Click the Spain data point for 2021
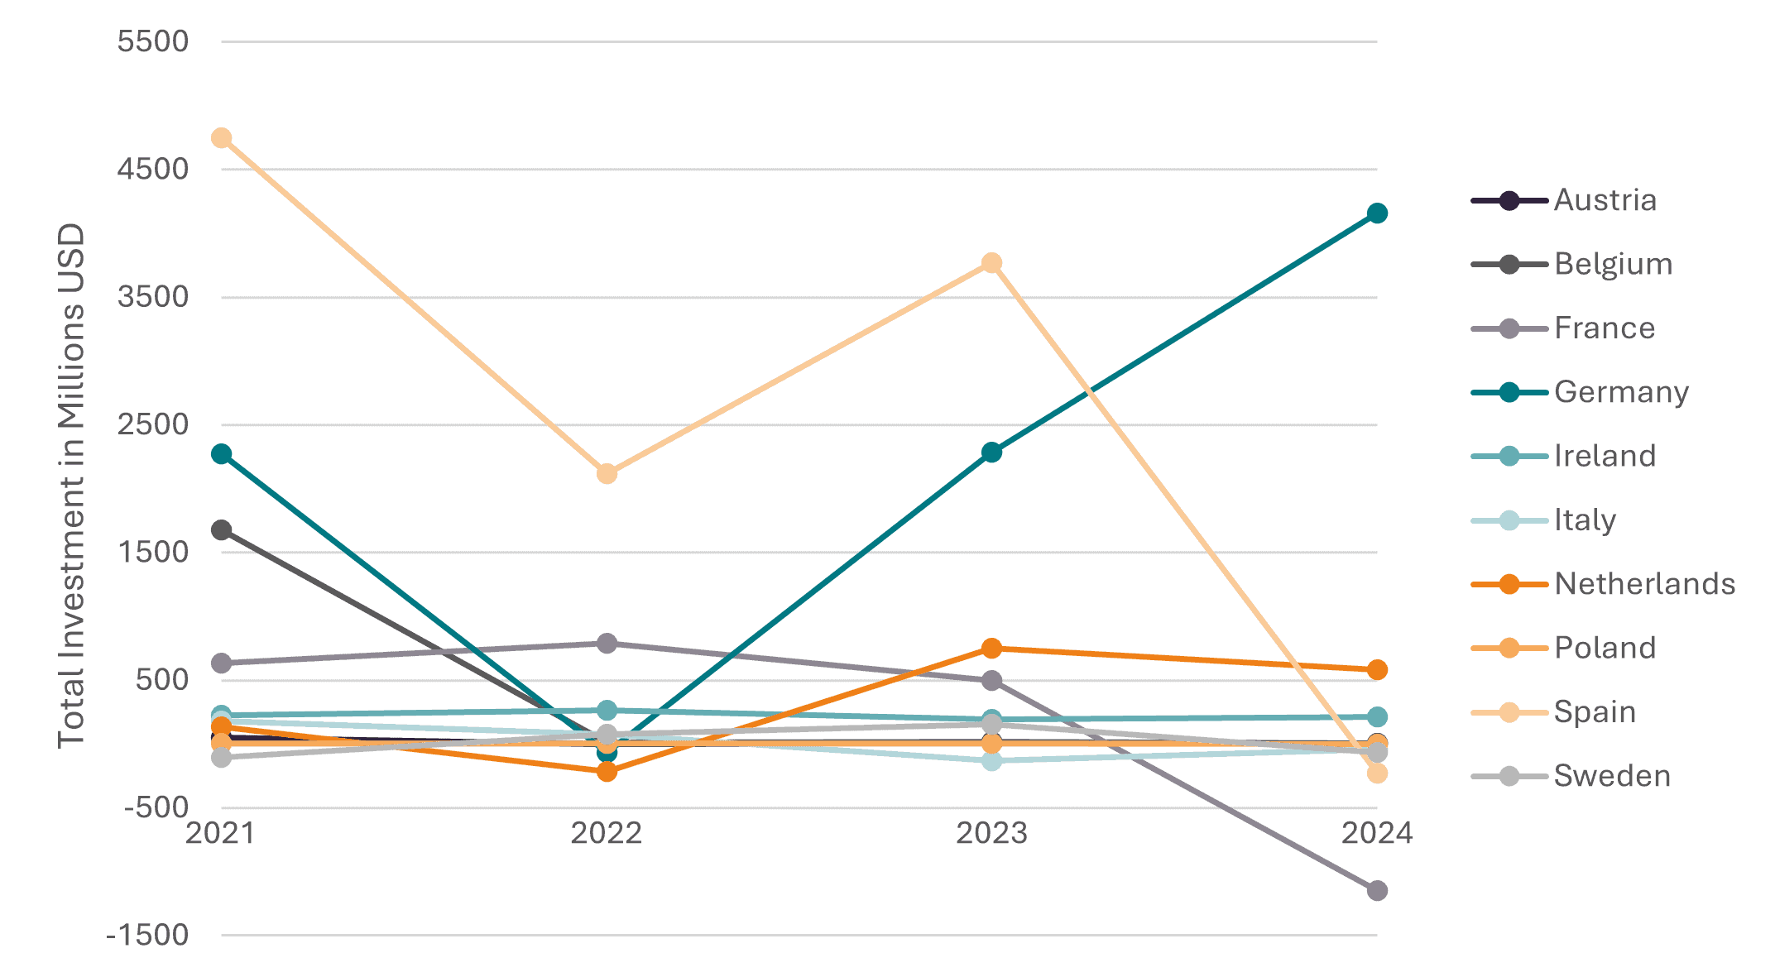click(x=221, y=138)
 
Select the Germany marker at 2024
click(x=1377, y=213)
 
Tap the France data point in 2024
click(x=1377, y=891)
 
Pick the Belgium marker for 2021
click(x=221, y=530)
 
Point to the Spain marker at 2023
click(x=991, y=263)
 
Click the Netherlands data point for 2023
click(x=991, y=649)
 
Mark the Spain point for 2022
click(x=607, y=474)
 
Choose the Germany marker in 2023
click(x=991, y=453)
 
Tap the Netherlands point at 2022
click(x=607, y=772)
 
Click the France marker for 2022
click(x=607, y=644)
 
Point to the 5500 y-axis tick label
click(x=153, y=41)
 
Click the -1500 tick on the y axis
click(x=147, y=936)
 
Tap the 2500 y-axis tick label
click(x=153, y=424)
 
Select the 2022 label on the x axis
click(x=607, y=833)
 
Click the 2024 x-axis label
click(x=1377, y=833)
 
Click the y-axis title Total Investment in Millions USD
click(x=72, y=486)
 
